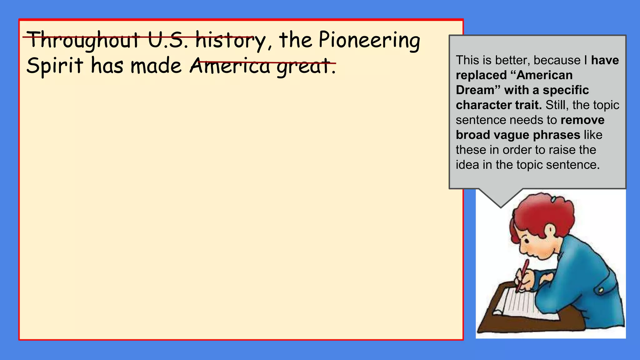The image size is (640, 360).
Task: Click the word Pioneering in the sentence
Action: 369,41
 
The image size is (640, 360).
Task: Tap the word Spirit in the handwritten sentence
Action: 55,66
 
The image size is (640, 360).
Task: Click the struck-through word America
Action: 230,66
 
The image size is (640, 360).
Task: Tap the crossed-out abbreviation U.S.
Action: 168,41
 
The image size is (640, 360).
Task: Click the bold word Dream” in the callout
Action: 478,90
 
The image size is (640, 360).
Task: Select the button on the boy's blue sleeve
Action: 600,291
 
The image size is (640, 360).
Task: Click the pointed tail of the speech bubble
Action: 501,200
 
